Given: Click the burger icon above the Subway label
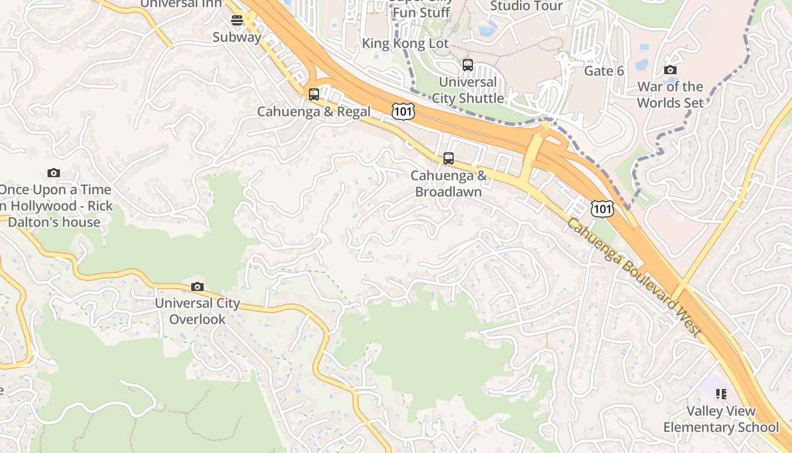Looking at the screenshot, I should [x=237, y=21].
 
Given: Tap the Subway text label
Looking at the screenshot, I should [x=237, y=37].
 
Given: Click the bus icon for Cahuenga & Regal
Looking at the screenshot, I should [x=314, y=94].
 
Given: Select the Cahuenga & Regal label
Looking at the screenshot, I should [x=314, y=112].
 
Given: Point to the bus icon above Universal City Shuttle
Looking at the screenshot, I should [x=468, y=65].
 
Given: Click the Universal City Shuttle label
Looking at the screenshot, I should [x=468, y=90].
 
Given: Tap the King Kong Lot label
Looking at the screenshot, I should [x=405, y=44].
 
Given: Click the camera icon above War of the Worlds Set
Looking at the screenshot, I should [x=670, y=70].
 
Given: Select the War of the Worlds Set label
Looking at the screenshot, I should [x=670, y=95].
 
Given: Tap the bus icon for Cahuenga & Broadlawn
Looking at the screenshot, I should [x=449, y=159].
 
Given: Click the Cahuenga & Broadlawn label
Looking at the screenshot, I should [x=449, y=183].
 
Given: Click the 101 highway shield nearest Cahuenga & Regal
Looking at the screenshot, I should [x=403, y=111].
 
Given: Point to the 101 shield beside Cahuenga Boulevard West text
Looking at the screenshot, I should [x=602, y=209].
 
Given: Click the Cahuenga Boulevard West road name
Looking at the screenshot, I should [x=634, y=277].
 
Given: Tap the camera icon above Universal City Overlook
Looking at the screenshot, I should [x=197, y=287].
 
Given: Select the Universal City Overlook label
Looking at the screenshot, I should [x=197, y=311].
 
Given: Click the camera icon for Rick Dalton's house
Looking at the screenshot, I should [x=54, y=173].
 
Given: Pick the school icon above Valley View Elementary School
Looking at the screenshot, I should [x=721, y=394].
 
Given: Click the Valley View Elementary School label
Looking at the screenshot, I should [x=721, y=419].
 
